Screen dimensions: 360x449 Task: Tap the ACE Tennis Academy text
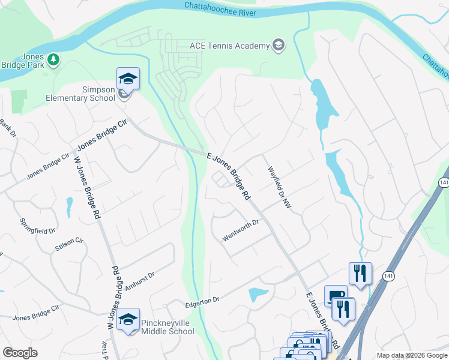229,46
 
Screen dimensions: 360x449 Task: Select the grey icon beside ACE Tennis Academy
279,46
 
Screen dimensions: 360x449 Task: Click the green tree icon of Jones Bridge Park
54,59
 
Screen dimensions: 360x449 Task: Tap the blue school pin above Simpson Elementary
128,79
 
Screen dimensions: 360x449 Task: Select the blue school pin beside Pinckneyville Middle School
128,320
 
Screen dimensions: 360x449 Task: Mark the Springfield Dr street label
38,226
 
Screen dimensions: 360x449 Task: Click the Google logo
20,353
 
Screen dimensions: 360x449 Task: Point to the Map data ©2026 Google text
412,355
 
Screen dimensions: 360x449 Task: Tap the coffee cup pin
336,296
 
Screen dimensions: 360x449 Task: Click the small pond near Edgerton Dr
258,294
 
